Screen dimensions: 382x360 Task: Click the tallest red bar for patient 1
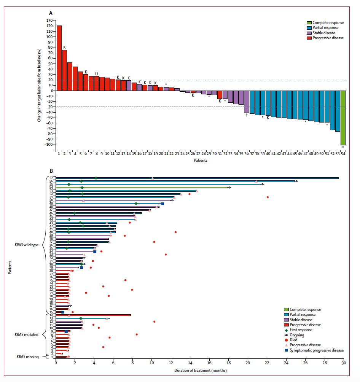pyautogui.click(x=59, y=58)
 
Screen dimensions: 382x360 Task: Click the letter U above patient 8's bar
pyautogui.click(x=97, y=74)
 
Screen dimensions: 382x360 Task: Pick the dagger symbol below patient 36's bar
pyautogui.click(x=247, y=115)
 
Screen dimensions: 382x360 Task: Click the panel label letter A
pyautogui.click(x=51, y=13)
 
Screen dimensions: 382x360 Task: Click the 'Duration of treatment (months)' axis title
pyautogui.click(x=200, y=370)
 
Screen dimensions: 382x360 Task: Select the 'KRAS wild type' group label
pyautogui.click(x=27, y=245)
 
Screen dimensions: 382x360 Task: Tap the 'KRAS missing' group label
pyautogui.click(x=27, y=357)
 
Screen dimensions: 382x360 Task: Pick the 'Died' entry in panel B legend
pyautogui.click(x=294, y=340)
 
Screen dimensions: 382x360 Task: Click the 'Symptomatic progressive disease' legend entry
pyautogui.click(x=316, y=350)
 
